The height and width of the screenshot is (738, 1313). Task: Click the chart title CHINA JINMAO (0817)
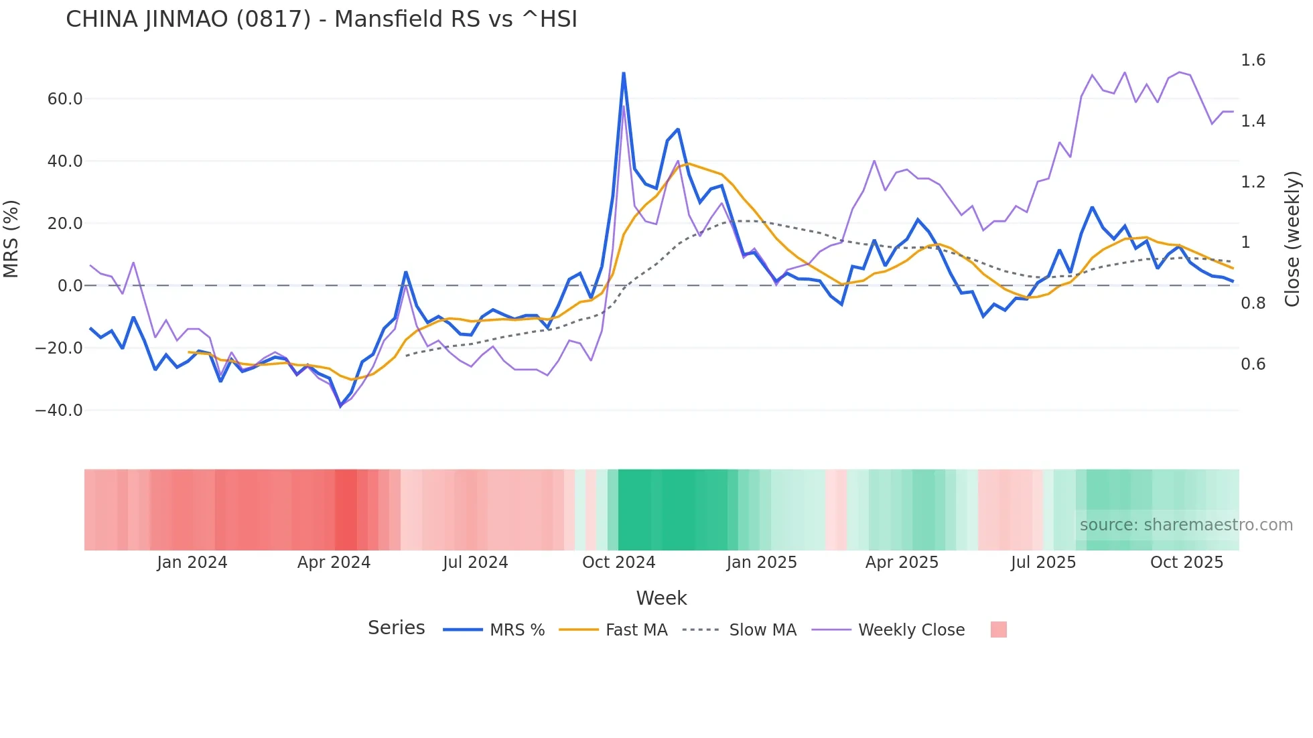click(322, 19)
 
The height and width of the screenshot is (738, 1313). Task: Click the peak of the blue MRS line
click(624, 74)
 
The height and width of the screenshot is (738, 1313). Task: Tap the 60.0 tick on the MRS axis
click(65, 99)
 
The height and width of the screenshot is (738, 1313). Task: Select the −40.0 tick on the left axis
click(59, 410)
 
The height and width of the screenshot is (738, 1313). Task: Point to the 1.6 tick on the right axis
click(1253, 60)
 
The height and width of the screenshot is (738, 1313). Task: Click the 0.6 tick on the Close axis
click(1253, 364)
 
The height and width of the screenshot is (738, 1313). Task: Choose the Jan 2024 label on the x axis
click(192, 563)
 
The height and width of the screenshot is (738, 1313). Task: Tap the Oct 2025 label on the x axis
click(1186, 563)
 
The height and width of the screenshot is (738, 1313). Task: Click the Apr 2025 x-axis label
click(902, 563)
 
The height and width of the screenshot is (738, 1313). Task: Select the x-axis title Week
click(661, 598)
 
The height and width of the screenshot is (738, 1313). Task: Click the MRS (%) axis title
click(11, 239)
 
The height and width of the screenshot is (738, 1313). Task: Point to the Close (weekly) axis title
click(1292, 239)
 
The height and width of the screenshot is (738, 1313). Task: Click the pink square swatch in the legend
click(998, 630)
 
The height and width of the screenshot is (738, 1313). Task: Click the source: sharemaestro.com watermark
click(1186, 525)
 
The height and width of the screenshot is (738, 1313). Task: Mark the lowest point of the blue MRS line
click(340, 406)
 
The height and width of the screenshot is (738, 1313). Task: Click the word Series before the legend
click(396, 628)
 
